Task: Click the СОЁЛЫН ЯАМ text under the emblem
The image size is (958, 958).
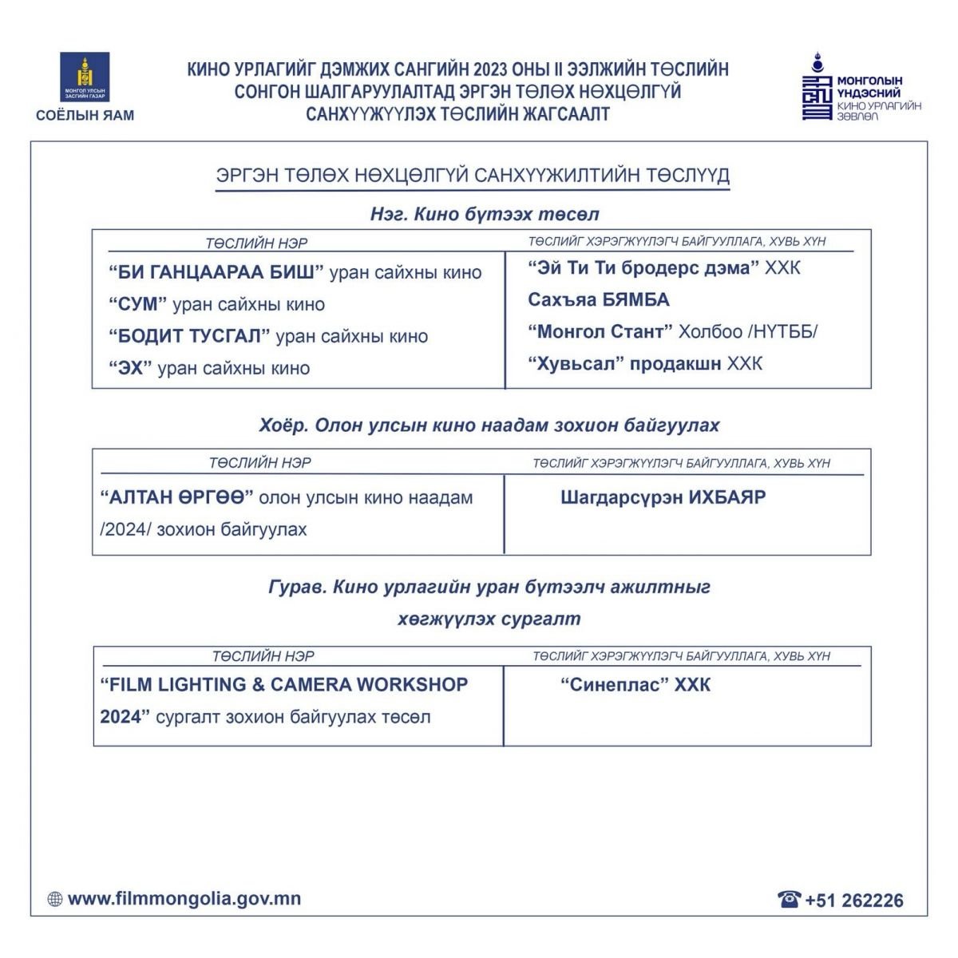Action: pos(85,115)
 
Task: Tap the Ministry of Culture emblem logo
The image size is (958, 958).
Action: pos(85,77)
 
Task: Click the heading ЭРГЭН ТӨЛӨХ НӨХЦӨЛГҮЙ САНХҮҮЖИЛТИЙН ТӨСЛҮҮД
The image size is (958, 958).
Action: pos(473,176)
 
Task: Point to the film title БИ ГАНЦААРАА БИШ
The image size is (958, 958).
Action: pos(216,272)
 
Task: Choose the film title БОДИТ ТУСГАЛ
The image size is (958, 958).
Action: pos(190,336)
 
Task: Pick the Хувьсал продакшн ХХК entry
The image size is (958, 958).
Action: pos(645,364)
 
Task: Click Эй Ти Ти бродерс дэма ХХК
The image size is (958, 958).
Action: pos(663,268)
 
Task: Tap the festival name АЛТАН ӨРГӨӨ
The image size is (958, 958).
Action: pos(176,497)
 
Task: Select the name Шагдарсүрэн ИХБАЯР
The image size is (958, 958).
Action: pos(663,497)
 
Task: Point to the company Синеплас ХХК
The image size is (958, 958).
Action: pos(635,685)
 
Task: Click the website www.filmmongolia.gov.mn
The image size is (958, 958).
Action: pos(184,899)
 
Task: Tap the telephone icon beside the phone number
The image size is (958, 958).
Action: pos(789,900)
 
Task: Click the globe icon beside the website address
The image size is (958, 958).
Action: pos(55,900)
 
